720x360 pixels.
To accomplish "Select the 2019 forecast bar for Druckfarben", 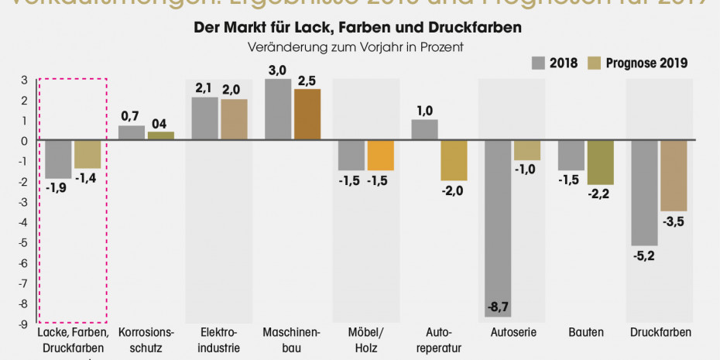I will point(674,176).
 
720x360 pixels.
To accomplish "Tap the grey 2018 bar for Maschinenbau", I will point(278,110).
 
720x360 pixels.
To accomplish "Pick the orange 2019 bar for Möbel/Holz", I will point(380,156).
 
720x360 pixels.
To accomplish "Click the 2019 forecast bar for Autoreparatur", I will point(454,160).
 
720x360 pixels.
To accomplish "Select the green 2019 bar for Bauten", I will point(600,163).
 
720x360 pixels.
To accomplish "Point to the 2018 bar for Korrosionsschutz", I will point(132,133).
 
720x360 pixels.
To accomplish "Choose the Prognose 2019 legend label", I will point(647,63).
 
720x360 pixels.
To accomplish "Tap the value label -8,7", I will point(499,308).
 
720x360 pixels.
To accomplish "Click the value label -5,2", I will point(644,256).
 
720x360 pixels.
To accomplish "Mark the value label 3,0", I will point(278,70).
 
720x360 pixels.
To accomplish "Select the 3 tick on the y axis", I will point(25,80).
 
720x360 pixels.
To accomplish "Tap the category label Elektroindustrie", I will point(214,340).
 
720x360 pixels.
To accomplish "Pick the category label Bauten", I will point(586,333).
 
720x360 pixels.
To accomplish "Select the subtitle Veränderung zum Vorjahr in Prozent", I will point(356,46).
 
